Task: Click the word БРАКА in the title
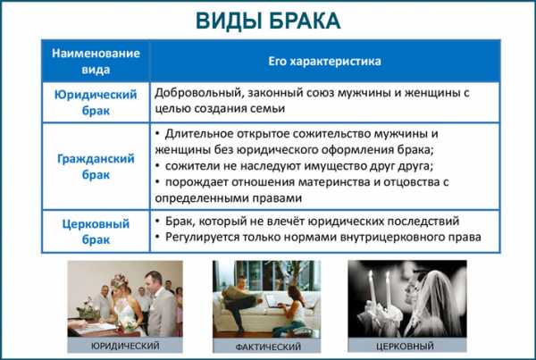tap(305, 21)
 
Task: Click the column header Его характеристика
tap(324, 62)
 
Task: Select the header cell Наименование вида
tap(96, 62)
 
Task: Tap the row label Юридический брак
tap(96, 102)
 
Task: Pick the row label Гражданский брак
tap(96, 166)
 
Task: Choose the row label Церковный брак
tap(96, 231)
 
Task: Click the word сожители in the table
tap(192, 166)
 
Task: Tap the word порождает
tap(197, 182)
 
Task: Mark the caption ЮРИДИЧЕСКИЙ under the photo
tap(125, 346)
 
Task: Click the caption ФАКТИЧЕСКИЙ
tap(268, 347)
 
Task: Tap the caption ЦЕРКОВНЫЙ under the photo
tap(405, 346)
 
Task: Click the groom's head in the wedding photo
tap(154, 280)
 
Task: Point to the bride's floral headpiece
tap(120, 280)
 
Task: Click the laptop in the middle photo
tap(272, 301)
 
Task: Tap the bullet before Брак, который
tap(157, 222)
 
